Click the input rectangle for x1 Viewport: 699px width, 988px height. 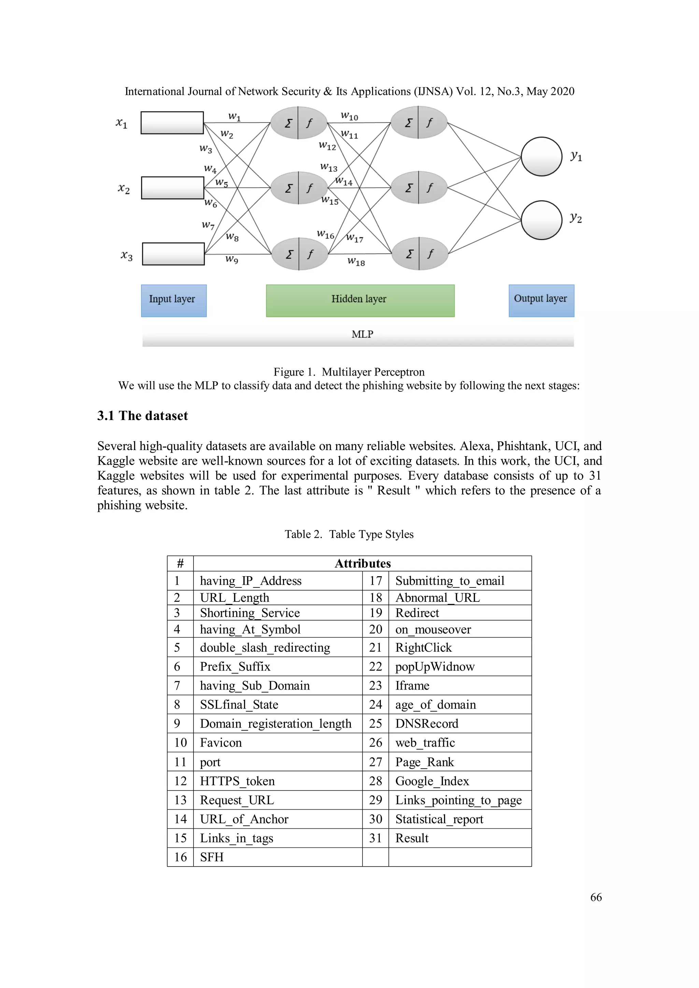click(172, 122)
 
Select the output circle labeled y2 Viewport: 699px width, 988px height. click(541, 220)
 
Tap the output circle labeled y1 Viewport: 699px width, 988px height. click(541, 156)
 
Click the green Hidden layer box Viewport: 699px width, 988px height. click(360, 300)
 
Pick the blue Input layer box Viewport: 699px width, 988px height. click(173, 300)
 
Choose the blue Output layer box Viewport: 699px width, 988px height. click(541, 300)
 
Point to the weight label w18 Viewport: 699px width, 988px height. click(356, 262)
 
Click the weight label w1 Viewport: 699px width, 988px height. click(234, 116)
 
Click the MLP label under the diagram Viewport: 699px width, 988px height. click(362, 334)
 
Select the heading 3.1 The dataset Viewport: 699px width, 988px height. click(142, 416)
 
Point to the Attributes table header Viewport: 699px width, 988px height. click(362, 563)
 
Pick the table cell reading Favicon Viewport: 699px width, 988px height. click(221, 743)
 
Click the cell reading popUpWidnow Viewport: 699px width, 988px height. click(435, 667)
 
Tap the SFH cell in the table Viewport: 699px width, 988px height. click(212, 857)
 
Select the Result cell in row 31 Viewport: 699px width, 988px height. click(412, 838)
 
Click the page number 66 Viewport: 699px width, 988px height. click(596, 897)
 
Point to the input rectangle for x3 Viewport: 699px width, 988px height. click(173, 254)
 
